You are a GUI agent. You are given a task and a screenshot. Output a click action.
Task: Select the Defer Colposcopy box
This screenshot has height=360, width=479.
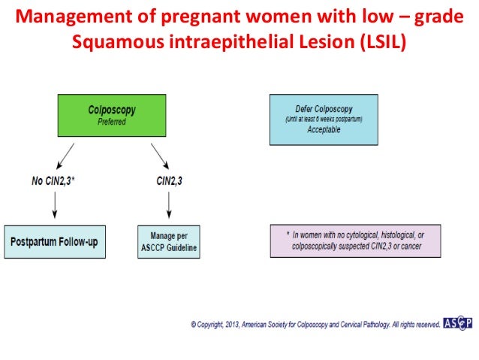point(324,119)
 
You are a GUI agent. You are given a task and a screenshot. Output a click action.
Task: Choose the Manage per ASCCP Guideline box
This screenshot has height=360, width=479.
point(169,242)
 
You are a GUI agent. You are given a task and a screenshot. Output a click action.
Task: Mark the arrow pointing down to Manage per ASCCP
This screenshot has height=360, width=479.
point(168,206)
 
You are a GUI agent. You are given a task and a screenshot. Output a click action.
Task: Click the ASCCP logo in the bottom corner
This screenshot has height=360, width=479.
point(457,324)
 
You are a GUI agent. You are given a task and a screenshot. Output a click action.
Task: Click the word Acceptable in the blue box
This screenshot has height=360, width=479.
point(324,129)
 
